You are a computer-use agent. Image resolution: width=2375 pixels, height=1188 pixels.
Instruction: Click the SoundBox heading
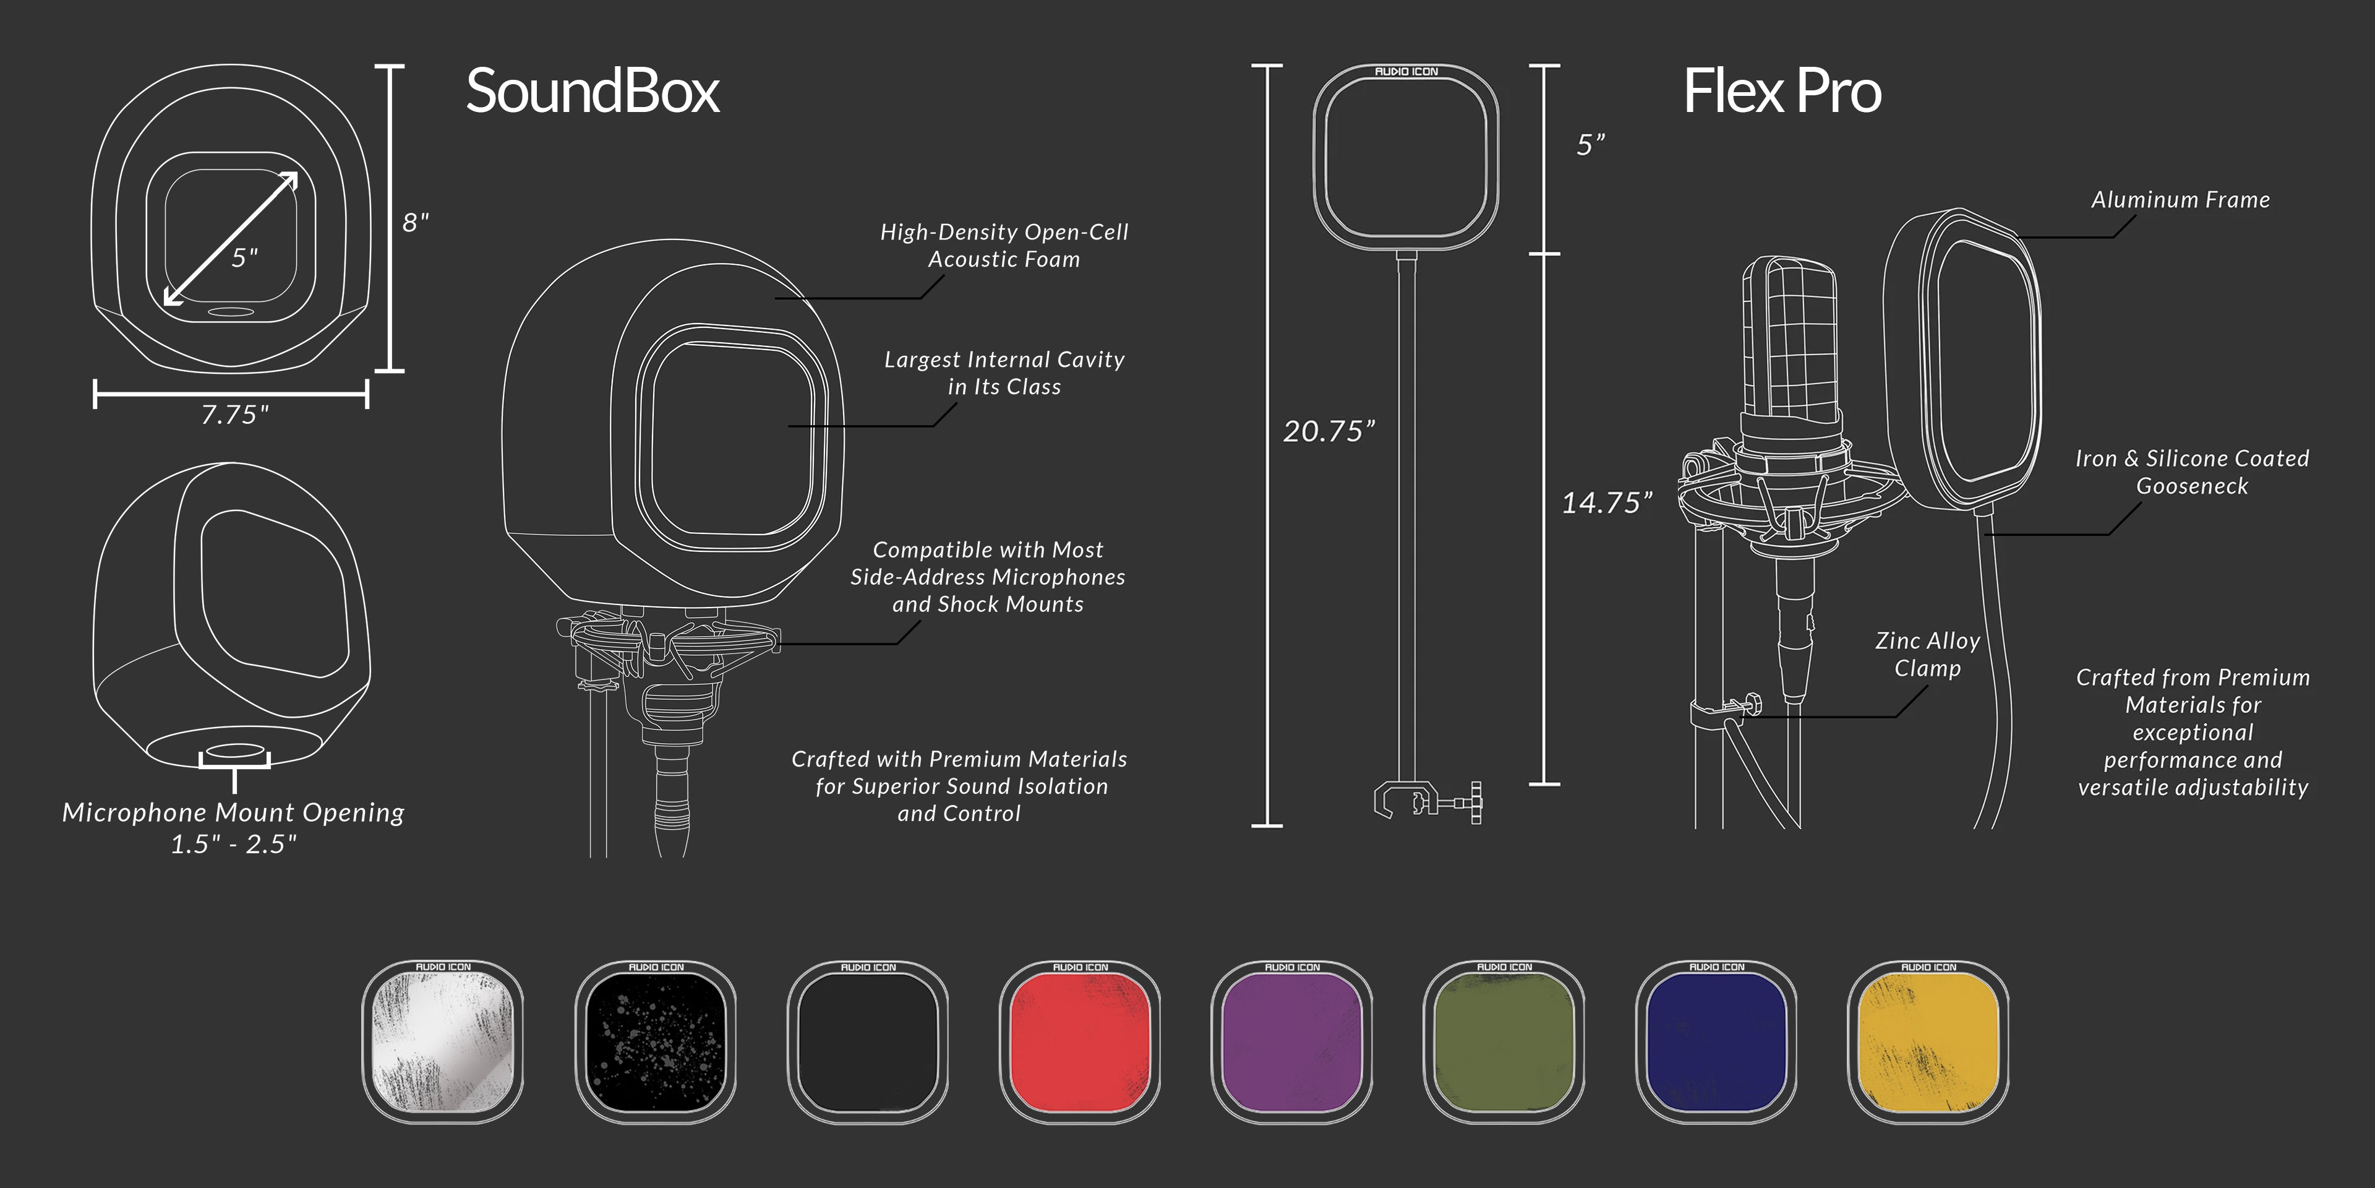pos(592,92)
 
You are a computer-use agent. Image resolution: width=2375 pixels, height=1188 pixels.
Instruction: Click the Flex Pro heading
pos(1781,92)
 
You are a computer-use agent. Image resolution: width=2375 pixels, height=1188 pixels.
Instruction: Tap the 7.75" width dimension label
pos(235,415)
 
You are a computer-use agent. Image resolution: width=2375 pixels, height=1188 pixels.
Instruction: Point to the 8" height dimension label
pos(415,222)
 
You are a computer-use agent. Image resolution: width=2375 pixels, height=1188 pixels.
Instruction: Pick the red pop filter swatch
pos(1080,1042)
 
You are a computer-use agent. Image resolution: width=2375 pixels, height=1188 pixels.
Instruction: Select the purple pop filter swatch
pos(1291,1042)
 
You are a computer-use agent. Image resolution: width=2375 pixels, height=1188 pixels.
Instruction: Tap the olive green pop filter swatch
pos(1504,1042)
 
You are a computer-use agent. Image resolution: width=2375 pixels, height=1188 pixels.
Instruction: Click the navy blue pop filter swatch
pos(1716,1042)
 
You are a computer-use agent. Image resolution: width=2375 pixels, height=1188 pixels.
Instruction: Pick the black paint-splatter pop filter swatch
pos(656,1042)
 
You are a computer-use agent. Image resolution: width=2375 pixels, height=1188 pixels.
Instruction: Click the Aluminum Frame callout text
pos(2180,200)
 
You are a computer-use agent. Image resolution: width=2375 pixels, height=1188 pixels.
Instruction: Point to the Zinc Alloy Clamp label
pos(1927,654)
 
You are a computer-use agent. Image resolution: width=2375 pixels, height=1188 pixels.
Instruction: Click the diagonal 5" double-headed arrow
pos(231,239)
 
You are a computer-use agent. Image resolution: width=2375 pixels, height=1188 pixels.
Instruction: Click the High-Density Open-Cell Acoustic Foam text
pos(1003,246)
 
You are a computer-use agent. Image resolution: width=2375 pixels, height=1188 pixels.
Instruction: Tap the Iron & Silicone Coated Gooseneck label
pos(2191,472)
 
